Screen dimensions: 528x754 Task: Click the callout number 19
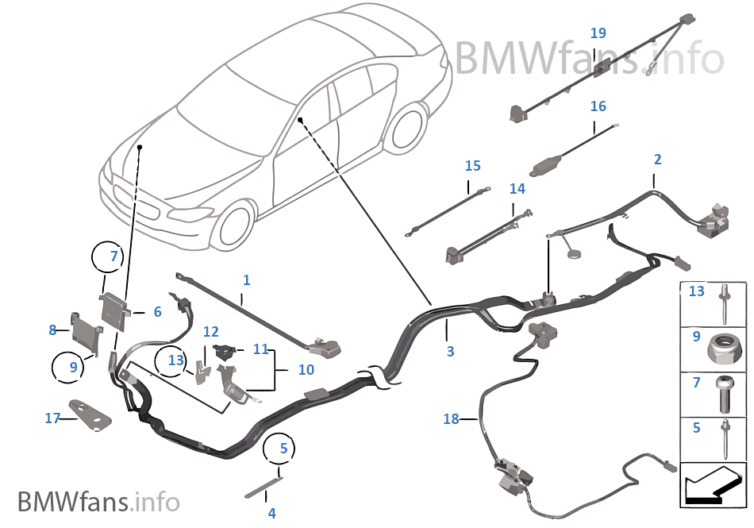tap(598, 33)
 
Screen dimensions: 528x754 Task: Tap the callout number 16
tap(598, 106)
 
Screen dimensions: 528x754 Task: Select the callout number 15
tap(472, 166)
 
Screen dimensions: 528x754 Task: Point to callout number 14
tap(517, 189)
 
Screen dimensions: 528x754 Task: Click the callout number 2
tap(657, 160)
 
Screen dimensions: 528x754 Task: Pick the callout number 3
tap(450, 351)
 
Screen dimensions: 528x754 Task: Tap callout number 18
tap(451, 418)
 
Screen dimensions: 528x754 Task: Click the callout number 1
tap(247, 280)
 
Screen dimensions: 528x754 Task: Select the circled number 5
tap(283, 449)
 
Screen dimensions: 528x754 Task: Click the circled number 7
tap(113, 256)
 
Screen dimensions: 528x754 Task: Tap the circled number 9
tap(74, 368)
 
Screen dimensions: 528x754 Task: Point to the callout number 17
tap(52, 418)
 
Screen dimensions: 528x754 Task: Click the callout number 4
tap(271, 513)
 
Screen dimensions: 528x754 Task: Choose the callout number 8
tap(52, 330)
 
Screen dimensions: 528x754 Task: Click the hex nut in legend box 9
tap(725, 346)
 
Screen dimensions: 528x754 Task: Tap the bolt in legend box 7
tap(725, 393)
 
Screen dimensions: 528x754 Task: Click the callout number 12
tap(210, 331)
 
